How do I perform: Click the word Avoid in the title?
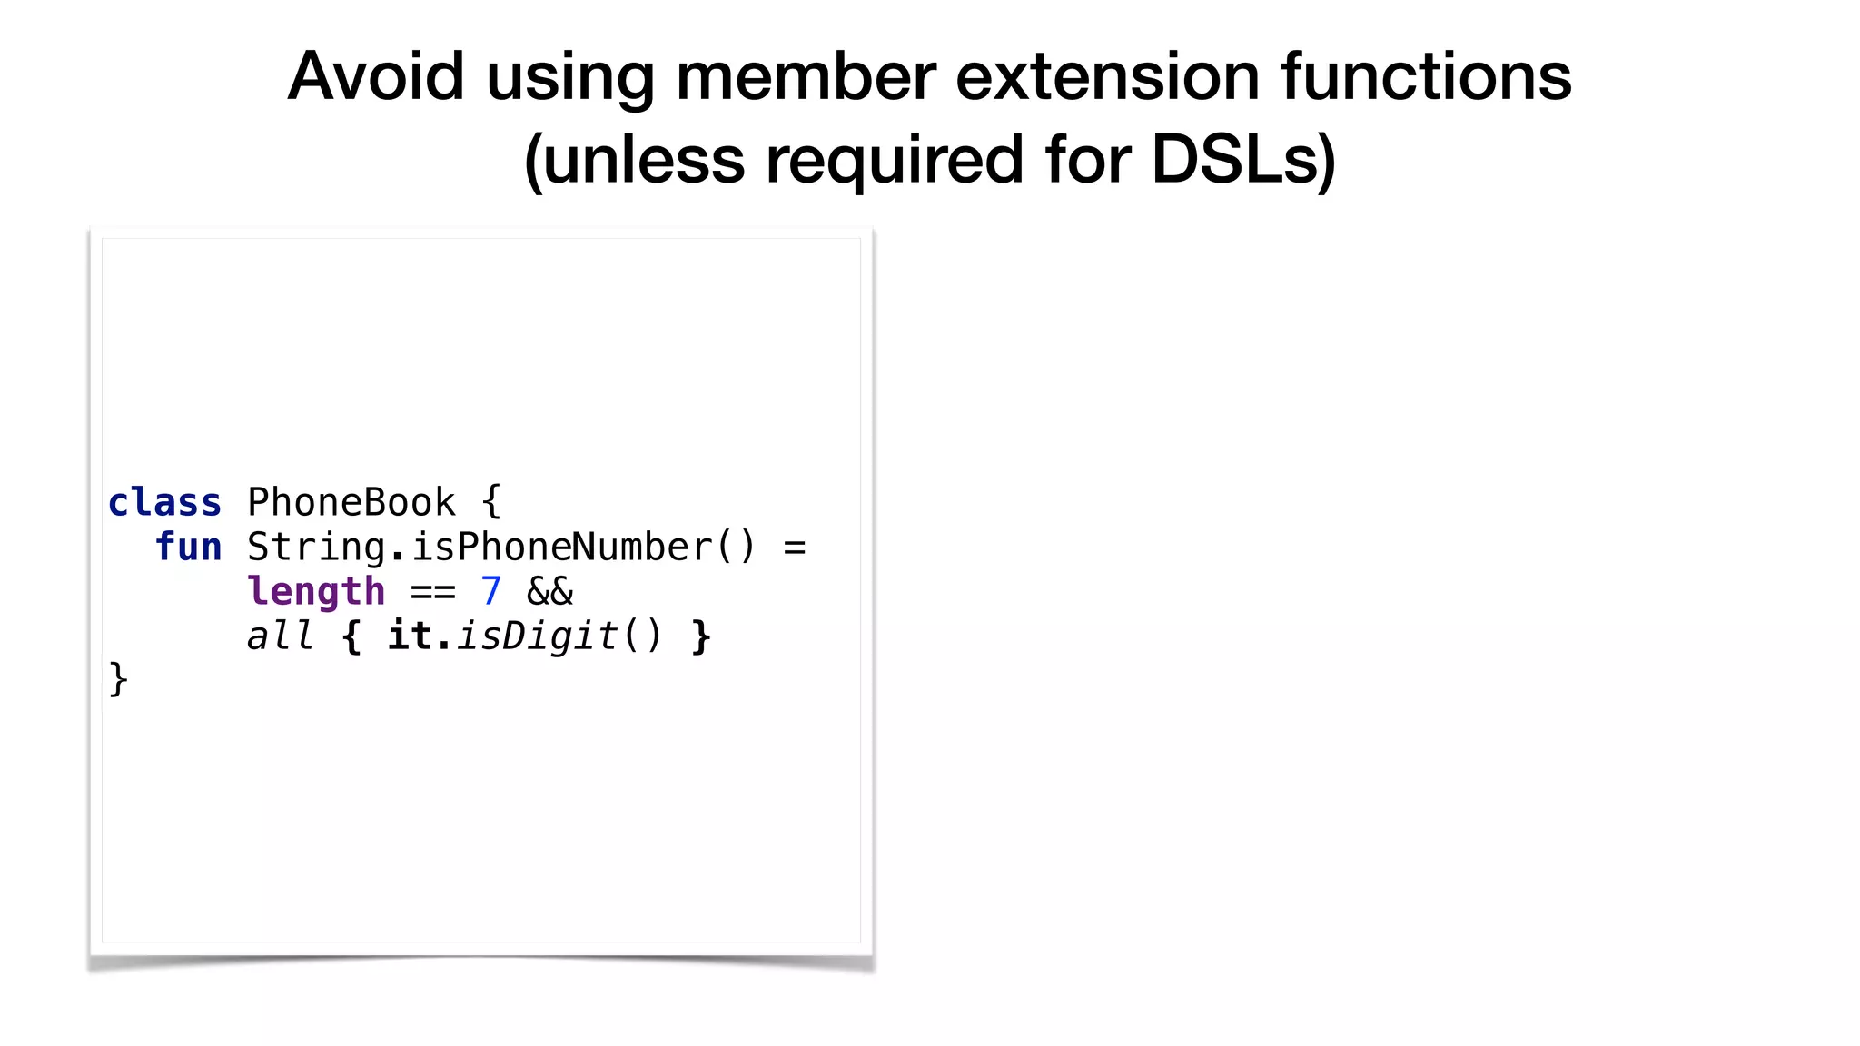376,76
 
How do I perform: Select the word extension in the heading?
1108,76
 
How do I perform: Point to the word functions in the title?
1426,76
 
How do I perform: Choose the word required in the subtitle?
895,160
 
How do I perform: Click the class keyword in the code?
164,503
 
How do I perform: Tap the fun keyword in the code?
188,548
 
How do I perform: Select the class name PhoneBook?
351,503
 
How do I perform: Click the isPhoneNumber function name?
562,548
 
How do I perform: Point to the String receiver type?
316,548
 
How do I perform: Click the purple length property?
316,592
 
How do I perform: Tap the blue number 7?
491,592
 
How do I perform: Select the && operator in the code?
550,592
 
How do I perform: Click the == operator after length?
432,592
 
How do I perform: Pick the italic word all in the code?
281,636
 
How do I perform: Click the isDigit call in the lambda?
538,636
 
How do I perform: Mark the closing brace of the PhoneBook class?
118,679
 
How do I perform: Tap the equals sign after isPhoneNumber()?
795,548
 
